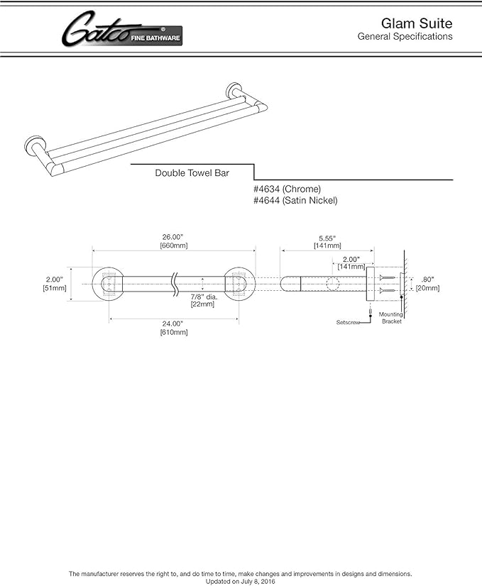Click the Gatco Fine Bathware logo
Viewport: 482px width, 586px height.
pos(121,31)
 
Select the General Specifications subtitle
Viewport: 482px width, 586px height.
pos(405,36)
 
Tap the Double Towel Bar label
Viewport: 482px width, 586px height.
pos(192,172)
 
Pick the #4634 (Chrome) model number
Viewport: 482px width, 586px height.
pos(287,189)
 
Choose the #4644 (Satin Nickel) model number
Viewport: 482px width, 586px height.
pos(295,201)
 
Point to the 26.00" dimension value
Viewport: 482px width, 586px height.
pos(174,236)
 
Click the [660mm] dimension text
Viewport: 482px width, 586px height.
pos(174,245)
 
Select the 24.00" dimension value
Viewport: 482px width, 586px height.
pos(174,323)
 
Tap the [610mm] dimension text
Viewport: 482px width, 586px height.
pos(174,332)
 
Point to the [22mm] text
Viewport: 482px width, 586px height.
pos(202,304)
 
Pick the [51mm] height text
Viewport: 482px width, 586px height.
pos(54,288)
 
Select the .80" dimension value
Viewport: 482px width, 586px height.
pos(427,279)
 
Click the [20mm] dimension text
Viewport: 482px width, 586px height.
pos(427,288)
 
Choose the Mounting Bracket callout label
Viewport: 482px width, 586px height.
pos(390,317)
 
